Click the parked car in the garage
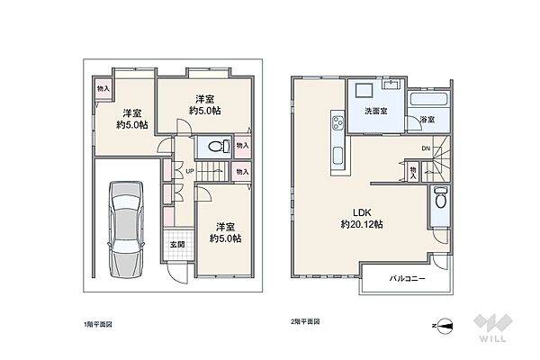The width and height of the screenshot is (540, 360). click(x=126, y=229)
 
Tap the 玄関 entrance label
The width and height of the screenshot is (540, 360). click(x=177, y=245)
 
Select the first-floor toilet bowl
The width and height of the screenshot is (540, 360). click(x=220, y=146)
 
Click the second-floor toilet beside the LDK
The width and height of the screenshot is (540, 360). click(x=440, y=197)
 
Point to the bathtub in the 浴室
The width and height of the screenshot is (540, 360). click(x=428, y=99)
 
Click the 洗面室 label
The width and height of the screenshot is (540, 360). click(x=376, y=111)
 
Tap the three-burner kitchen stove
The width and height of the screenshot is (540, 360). click(x=337, y=123)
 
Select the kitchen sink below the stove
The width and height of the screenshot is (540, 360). click(x=337, y=156)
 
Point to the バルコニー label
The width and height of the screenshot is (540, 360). click(x=407, y=278)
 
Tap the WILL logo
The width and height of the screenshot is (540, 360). click(x=493, y=328)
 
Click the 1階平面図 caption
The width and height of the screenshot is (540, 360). click(x=98, y=324)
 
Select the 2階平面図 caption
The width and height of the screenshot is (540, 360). click(x=305, y=321)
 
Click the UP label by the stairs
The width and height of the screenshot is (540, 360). click(x=190, y=171)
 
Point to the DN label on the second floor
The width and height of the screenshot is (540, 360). click(x=426, y=148)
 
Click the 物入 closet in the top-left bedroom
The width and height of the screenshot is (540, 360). click(x=103, y=89)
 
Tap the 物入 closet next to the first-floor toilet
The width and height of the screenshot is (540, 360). click(x=242, y=146)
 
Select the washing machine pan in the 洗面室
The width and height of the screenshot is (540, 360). click(x=364, y=91)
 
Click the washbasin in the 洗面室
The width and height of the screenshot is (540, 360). click(x=392, y=84)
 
